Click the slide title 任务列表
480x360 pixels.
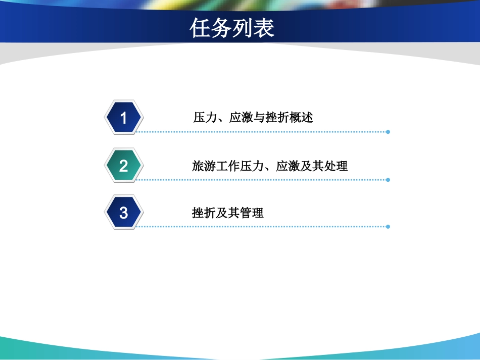tap(232, 28)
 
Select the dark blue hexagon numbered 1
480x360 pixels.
tap(124, 118)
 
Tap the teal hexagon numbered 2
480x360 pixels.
tap(124, 166)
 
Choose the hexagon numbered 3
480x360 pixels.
tap(124, 213)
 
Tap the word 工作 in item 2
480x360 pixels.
tap(228, 166)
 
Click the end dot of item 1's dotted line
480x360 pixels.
tap(388, 132)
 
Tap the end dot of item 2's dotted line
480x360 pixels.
tap(388, 179)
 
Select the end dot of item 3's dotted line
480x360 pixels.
tap(388, 227)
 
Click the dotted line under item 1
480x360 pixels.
tap(263, 132)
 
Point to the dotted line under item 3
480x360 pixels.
tap(263, 227)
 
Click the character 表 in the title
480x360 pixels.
tap(264, 28)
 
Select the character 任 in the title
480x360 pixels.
tap(200, 28)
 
